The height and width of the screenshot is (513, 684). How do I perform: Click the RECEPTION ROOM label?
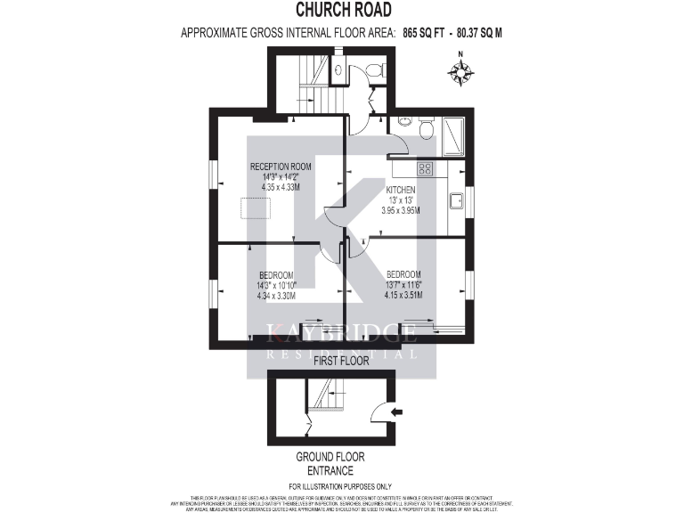[x=281, y=167]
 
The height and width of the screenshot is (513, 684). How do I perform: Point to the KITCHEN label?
[x=402, y=191]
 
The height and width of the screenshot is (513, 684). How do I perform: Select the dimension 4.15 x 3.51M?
[x=403, y=296]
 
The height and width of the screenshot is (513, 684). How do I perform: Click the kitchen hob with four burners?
[x=425, y=167]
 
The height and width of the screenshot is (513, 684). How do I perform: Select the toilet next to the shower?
[x=425, y=132]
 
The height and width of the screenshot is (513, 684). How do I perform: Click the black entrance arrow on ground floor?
[x=397, y=411]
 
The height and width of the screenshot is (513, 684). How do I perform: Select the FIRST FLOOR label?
[x=341, y=361]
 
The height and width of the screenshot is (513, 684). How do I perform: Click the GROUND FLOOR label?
[x=330, y=457]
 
